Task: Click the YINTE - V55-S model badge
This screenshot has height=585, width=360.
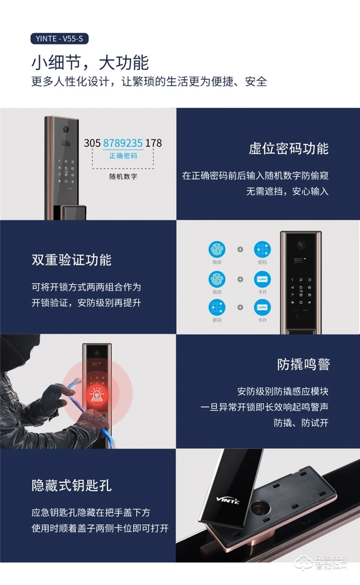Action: (60, 39)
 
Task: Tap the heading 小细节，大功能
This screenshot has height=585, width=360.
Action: (90, 63)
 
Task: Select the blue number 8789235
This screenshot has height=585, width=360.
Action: (123, 143)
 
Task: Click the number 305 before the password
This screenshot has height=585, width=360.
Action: (92, 143)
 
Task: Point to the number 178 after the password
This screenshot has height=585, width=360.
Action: (154, 143)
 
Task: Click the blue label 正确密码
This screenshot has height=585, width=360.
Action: (123, 156)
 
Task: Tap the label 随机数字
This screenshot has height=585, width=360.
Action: (123, 176)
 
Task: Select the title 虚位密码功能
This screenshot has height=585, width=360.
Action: (288, 148)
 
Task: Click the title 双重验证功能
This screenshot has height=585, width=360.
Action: (72, 260)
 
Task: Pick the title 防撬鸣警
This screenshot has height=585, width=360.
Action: (303, 364)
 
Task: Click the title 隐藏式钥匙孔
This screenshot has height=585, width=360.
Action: (72, 485)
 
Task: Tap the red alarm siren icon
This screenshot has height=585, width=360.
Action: (98, 394)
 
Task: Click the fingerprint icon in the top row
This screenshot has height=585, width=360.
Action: (217, 250)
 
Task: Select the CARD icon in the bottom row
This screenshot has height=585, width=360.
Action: (262, 307)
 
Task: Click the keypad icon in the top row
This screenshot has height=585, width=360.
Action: (262, 250)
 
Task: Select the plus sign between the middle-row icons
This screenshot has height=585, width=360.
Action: (240, 279)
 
